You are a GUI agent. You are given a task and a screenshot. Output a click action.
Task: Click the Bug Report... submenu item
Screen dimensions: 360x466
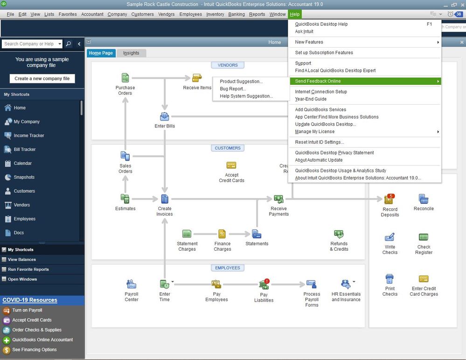click(233, 89)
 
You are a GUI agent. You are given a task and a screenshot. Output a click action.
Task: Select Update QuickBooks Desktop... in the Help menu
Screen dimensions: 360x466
click(325, 124)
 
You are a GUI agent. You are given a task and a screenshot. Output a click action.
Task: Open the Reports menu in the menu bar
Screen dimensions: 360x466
click(257, 14)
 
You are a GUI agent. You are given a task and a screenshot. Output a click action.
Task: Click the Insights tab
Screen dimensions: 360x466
click(131, 53)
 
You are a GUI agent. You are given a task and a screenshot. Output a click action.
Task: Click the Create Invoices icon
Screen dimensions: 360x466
click(165, 199)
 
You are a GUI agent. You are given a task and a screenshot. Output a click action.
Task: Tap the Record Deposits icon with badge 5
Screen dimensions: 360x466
click(389, 200)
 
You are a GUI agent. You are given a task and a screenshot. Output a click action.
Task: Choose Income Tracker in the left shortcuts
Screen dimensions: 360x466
click(29, 135)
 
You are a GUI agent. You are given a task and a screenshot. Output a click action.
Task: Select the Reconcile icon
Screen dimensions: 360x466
click(424, 199)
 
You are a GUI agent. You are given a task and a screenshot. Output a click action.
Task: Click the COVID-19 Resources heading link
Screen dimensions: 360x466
click(30, 300)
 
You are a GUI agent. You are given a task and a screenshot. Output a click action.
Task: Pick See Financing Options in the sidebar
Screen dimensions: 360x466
click(35, 350)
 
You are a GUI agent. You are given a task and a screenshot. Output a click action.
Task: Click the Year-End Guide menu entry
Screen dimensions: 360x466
click(311, 99)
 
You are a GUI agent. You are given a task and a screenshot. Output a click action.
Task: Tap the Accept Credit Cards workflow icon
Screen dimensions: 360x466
click(231, 166)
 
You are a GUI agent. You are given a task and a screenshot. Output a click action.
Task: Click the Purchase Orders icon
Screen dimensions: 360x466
click(125, 78)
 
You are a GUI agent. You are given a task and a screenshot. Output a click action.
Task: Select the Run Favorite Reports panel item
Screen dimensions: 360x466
click(28, 269)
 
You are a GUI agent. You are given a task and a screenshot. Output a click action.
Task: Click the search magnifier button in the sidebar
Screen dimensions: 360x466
click(69, 44)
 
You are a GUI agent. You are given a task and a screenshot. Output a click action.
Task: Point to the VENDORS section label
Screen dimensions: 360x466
click(228, 65)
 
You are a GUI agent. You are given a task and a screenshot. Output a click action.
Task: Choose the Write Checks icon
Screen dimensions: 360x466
click(389, 238)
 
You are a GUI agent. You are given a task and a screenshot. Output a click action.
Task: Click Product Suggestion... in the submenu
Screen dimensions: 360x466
click(241, 82)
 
